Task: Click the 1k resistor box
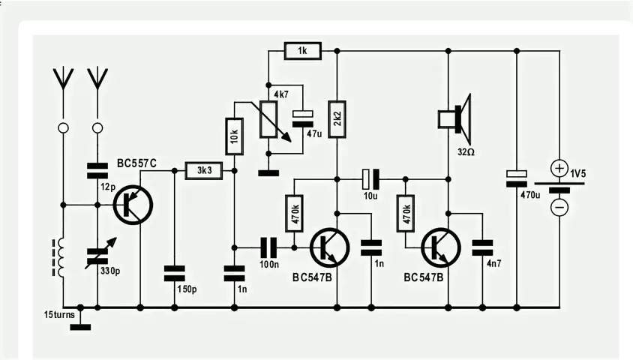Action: click(x=303, y=51)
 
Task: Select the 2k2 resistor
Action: click(x=337, y=119)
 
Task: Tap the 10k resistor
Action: click(x=235, y=136)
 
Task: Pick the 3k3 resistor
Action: click(x=204, y=171)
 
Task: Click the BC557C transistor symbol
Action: click(x=133, y=205)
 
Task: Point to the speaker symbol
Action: click(x=455, y=119)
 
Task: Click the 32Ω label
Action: click(x=466, y=152)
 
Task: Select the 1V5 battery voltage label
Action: click(x=577, y=173)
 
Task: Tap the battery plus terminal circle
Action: click(x=559, y=168)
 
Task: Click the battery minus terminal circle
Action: click(x=559, y=208)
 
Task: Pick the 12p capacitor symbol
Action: click(x=97, y=171)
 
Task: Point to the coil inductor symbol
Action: click(x=59, y=257)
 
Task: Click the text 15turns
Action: click(x=59, y=314)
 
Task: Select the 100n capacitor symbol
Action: click(x=268, y=247)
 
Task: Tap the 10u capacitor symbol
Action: click(x=371, y=179)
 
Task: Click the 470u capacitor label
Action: click(x=530, y=195)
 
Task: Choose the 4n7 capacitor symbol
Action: click(x=482, y=247)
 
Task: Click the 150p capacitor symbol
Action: click(x=175, y=273)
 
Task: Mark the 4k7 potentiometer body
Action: click(x=268, y=119)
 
